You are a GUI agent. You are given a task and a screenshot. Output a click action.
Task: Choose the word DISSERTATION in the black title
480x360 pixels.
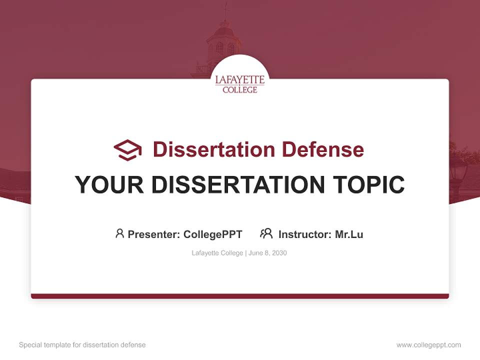[x=238, y=184]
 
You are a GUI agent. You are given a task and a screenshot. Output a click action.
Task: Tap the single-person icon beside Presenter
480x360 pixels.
[x=119, y=233]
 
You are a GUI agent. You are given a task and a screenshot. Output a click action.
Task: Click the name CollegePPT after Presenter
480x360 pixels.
[x=212, y=234]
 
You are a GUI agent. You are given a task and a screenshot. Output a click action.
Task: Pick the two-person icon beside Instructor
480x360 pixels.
[x=266, y=233]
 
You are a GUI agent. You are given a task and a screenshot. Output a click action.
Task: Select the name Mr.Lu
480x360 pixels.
[x=349, y=234]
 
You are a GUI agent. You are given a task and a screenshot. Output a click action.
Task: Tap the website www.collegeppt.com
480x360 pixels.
[x=428, y=345]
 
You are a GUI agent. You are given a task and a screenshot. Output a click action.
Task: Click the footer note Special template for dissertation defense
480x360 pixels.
[x=82, y=345]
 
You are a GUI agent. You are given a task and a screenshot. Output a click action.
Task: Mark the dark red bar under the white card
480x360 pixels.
[x=240, y=296]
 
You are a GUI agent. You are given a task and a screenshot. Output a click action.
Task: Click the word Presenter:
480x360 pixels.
[x=154, y=234]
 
